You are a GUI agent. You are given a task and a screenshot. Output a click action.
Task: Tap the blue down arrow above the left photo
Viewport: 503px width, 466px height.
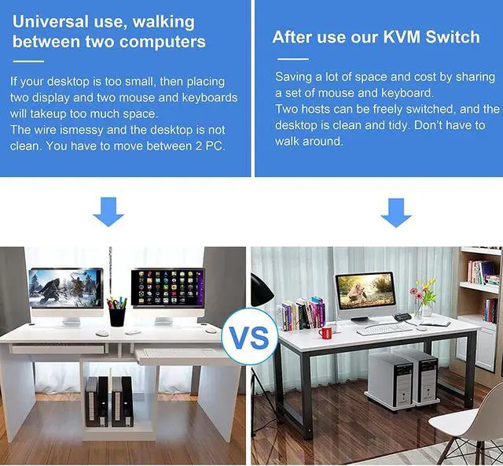[108, 211]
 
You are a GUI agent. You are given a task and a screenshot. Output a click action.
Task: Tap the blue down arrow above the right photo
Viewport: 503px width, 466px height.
[396, 211]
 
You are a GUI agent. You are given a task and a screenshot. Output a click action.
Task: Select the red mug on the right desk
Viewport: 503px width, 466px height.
[325, 332]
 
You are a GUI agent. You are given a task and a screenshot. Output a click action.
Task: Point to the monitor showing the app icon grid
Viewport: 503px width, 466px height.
[167, 290]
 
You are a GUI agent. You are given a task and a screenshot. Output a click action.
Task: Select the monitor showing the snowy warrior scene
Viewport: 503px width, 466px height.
[66, 290]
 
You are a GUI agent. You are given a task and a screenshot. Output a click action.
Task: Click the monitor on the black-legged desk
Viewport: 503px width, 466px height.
[365, 293]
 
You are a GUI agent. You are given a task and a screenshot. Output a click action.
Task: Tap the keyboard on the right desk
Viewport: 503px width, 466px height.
[384, 329]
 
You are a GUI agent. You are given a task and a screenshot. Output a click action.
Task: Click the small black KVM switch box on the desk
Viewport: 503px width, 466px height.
[402, 316]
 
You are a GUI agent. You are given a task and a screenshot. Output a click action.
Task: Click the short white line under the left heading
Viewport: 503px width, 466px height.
[30, 61]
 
